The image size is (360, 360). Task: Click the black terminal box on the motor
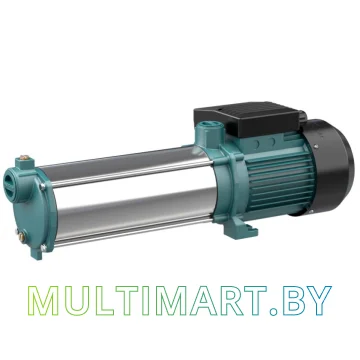(248, 119)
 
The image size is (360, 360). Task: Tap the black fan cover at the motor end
(330, 167)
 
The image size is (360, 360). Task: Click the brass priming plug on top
(24, 157)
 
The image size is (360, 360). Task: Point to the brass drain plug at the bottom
(21, 237)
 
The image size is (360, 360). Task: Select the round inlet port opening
(9, 184)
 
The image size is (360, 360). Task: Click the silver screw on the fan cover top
(315, 146)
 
